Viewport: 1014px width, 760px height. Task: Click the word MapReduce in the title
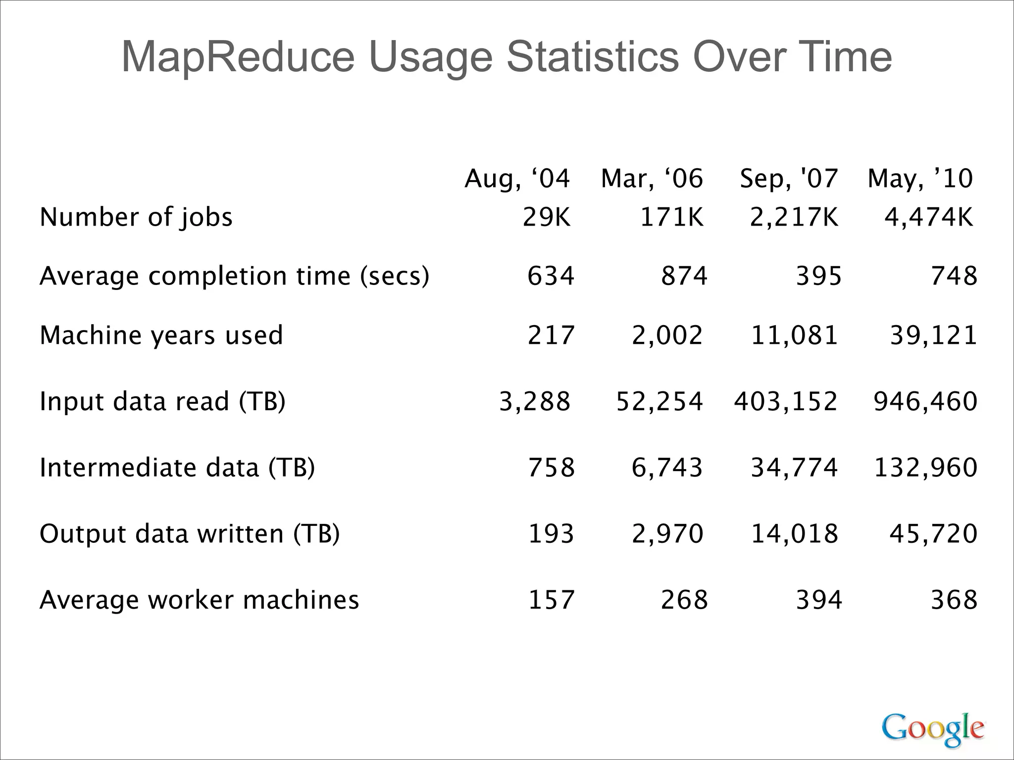click(238, 57)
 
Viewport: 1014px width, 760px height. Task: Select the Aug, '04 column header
click(517, 179)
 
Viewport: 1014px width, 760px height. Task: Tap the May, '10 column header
click(920, 179)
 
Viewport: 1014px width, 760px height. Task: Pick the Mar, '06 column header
click(652, 179)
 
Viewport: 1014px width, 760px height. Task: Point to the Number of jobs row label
click(136, 217)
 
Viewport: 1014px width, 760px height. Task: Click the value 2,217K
click(794, 217)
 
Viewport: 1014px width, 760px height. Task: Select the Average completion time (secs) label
click(234, 276)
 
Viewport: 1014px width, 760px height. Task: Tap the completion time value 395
click(818, 276)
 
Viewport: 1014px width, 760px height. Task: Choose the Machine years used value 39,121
click(933, 335)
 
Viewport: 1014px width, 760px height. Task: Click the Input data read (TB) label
click(162, 401)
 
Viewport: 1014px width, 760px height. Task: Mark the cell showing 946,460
click(925, 401)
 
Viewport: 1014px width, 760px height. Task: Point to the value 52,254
click(659, 401)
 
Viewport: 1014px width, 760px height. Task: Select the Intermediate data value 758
click(551, 468)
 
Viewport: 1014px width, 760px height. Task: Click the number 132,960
click(925, 468)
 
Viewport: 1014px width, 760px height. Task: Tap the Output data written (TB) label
click(190, 534)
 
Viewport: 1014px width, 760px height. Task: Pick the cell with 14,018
click(794, 534)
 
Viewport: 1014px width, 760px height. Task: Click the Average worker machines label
click(199, 600)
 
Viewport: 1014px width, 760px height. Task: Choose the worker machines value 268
click(684, 600)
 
